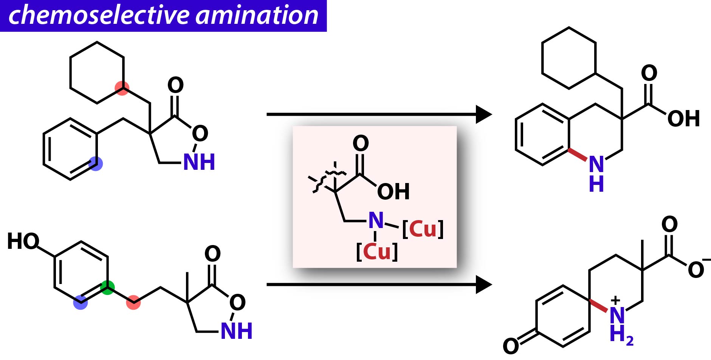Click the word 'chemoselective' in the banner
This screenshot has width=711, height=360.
pyautogui.click(x=99, y=16)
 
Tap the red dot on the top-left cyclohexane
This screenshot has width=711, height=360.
pyautogui.click(x=122, y=88)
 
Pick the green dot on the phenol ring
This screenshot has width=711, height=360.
pyautogui.click(x=108, y=287)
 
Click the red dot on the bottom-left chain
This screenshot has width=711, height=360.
pyautogui.click(x=133, y=302)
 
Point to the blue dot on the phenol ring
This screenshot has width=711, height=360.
pyautogui.click(x=80, y=302)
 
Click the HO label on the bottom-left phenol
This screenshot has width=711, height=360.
pyautogui.click(x=23, y=241)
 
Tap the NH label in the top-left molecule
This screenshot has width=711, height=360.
pyautogui.click(x=199, y=162)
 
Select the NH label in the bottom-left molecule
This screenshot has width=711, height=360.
pyautogui.click(x=236, y=331)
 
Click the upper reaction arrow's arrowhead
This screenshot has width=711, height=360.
pyautogui.click(x=484, y=114)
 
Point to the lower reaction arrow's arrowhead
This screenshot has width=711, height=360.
pyautogui.click(x=484, y=284)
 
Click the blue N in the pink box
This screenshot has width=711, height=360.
pyautogui.click(x=376, y=220)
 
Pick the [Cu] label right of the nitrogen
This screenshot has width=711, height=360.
pyautogui.click(x=423, y=229)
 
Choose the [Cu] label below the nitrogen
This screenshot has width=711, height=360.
pyautogui.click(x=377, y=251)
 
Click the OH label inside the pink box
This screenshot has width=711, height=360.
pyautogui.click(x=393, y=192)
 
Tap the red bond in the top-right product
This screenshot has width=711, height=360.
pyautogui.click(x=578, y=155)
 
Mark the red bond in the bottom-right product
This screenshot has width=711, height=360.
pyautogui.click(x=599, y=306)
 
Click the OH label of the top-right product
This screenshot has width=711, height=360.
pyautogui.click(x=683, y=118)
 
